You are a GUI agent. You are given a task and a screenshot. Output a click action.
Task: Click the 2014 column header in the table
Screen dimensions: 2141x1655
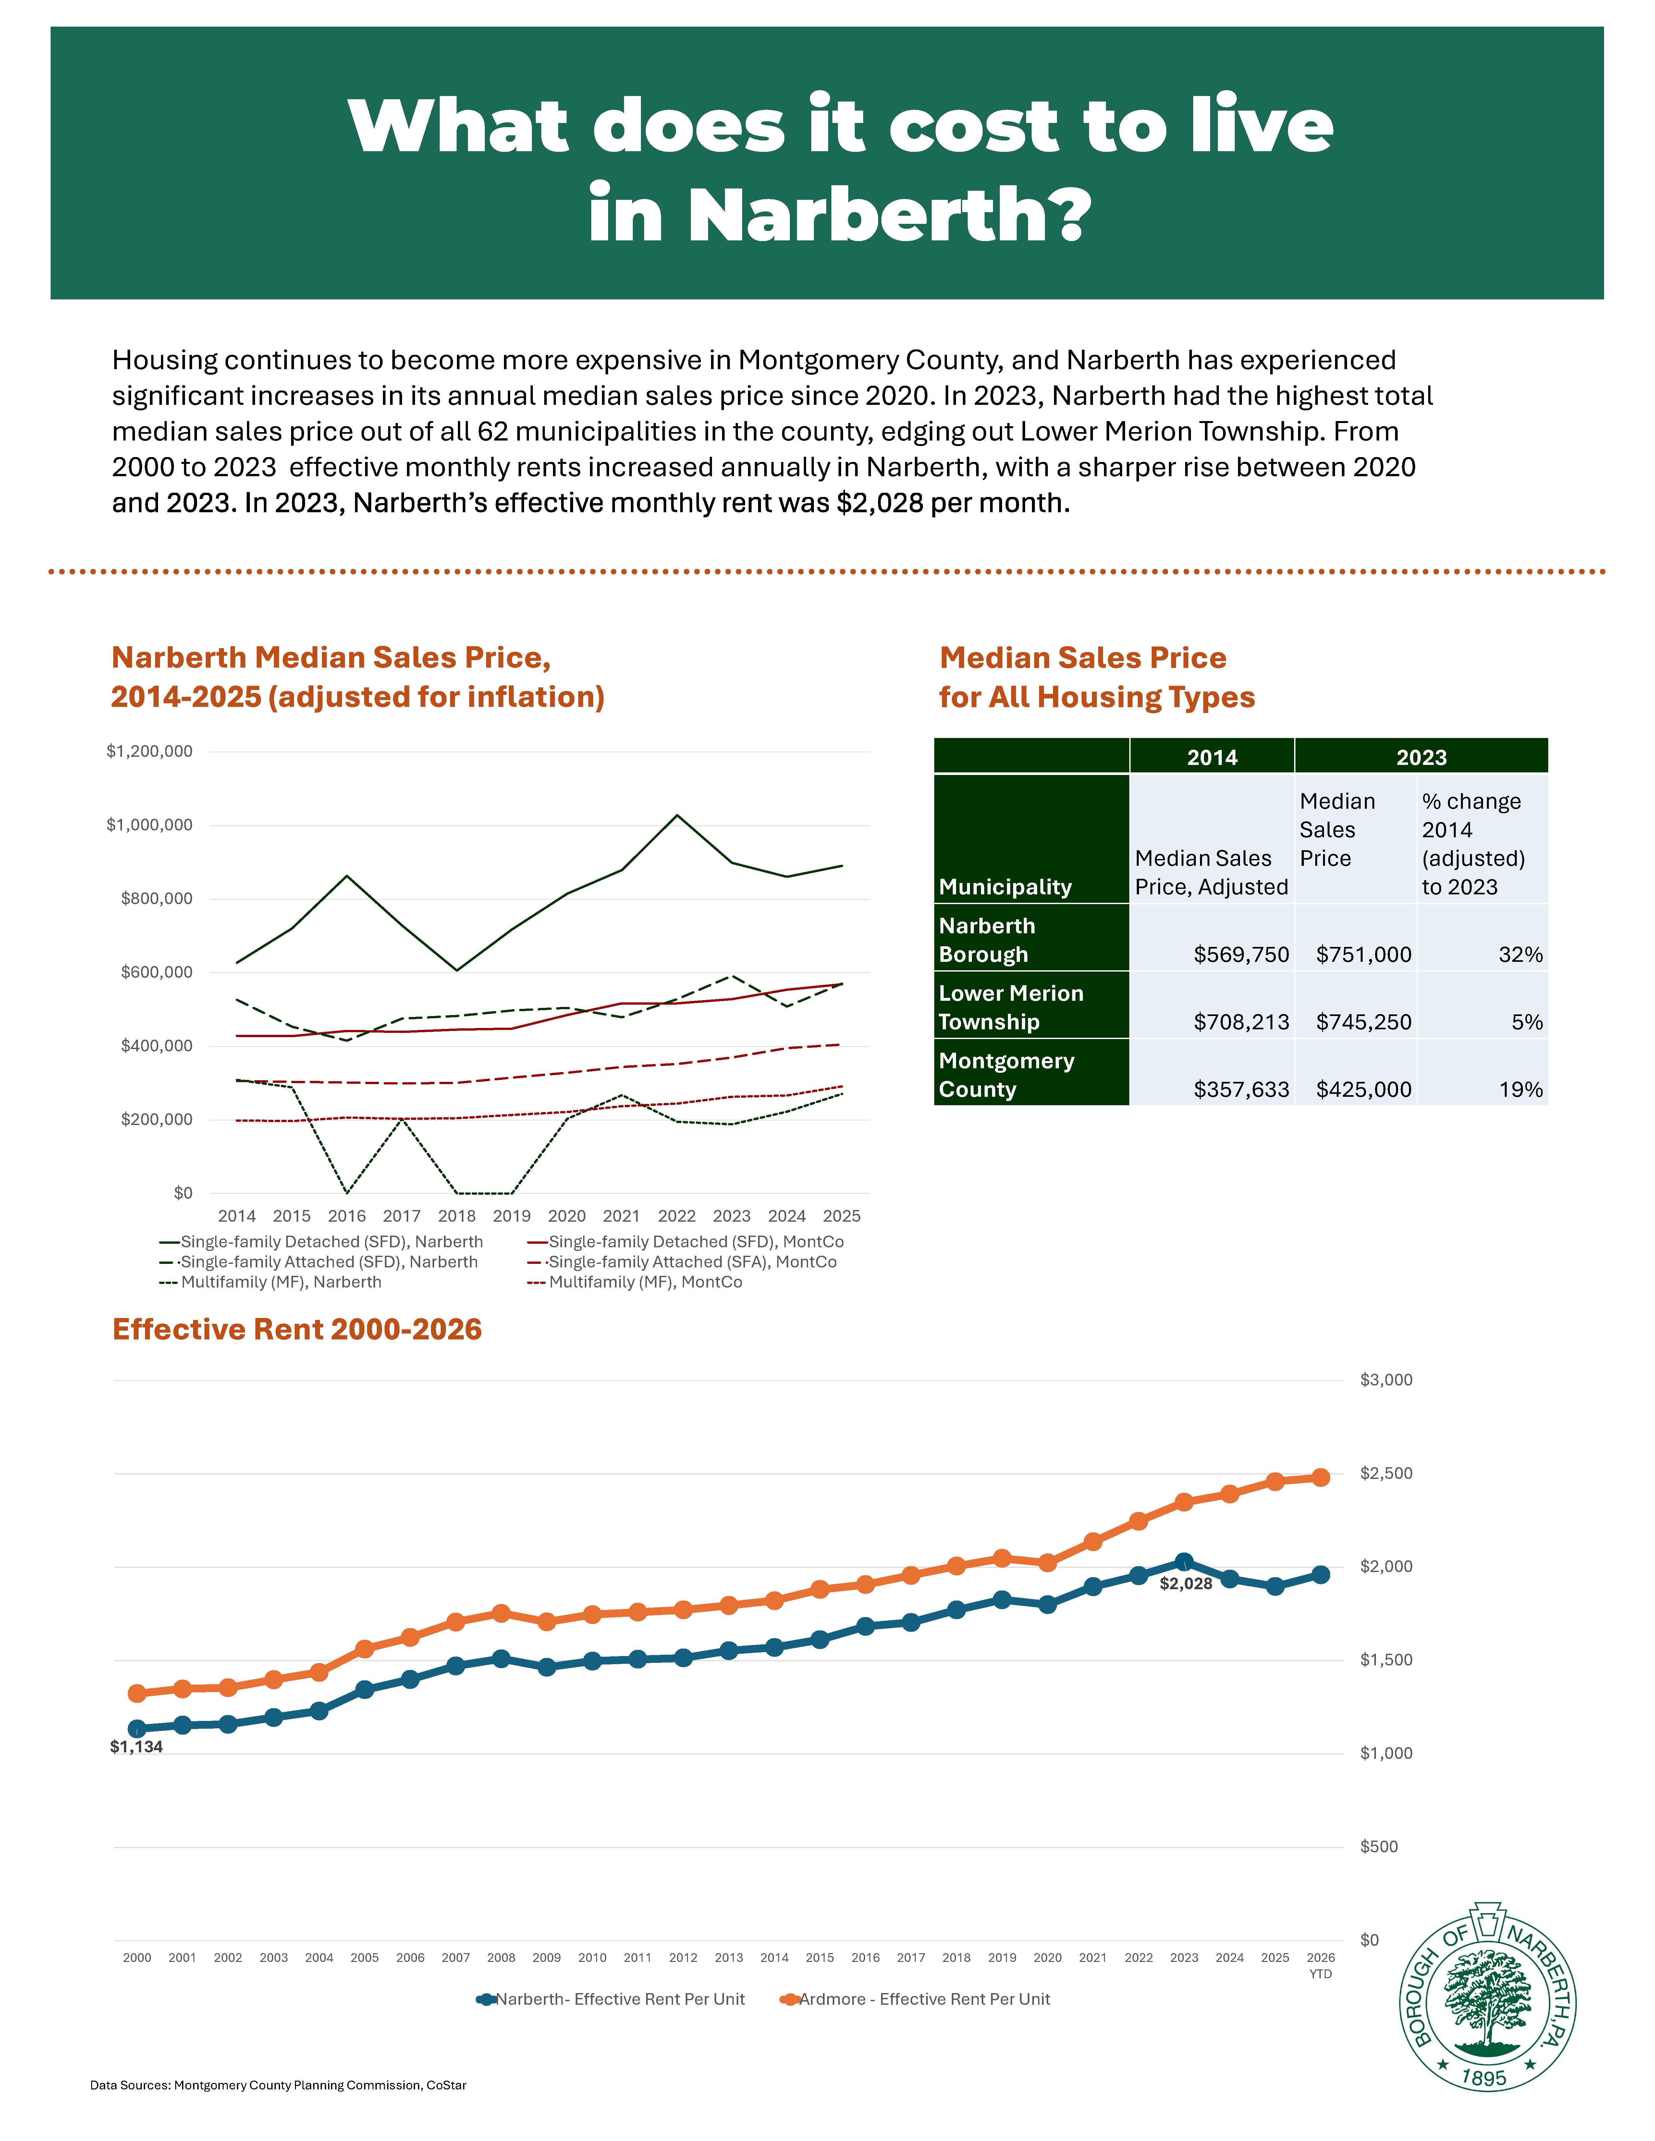[x=1212, y=757]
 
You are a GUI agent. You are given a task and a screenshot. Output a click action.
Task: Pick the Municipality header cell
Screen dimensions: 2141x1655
[x=1005, y=886]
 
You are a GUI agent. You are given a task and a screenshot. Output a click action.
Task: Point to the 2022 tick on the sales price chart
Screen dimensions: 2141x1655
[x=677, y=1216]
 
